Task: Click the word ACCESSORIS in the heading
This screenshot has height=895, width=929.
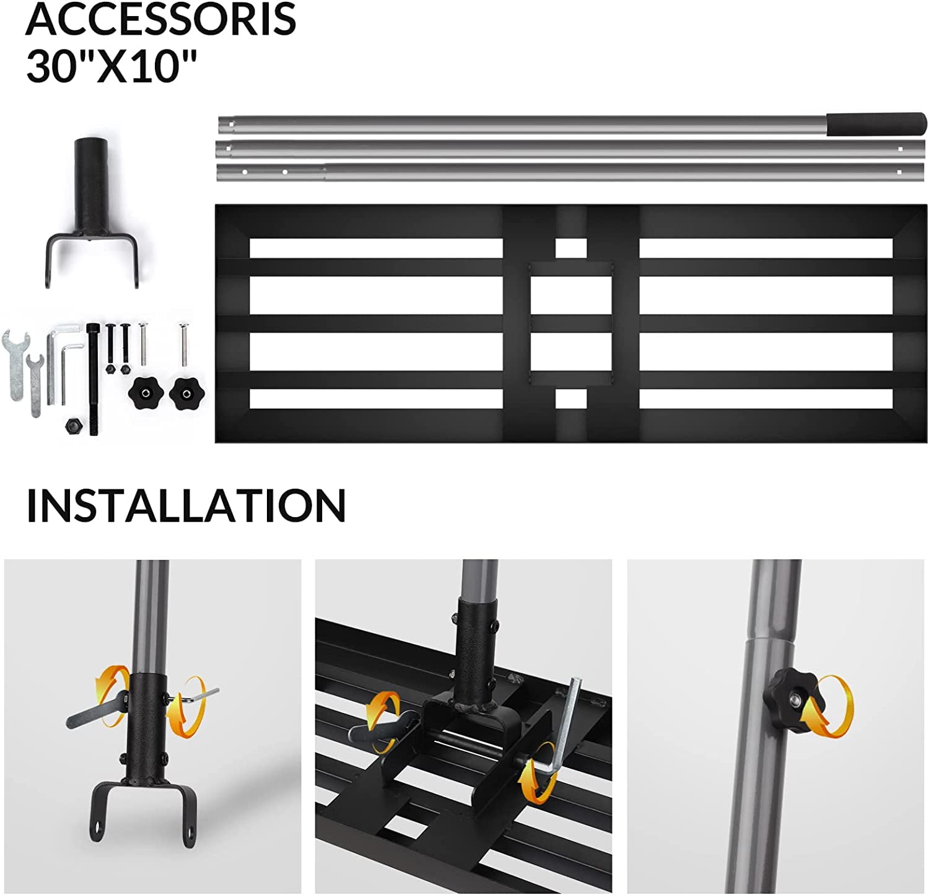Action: pos(161,19)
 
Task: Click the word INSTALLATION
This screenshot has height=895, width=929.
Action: pos(186,505)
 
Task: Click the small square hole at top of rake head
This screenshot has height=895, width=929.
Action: pos(570,248)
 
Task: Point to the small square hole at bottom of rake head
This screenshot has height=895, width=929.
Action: pos(570,398)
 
